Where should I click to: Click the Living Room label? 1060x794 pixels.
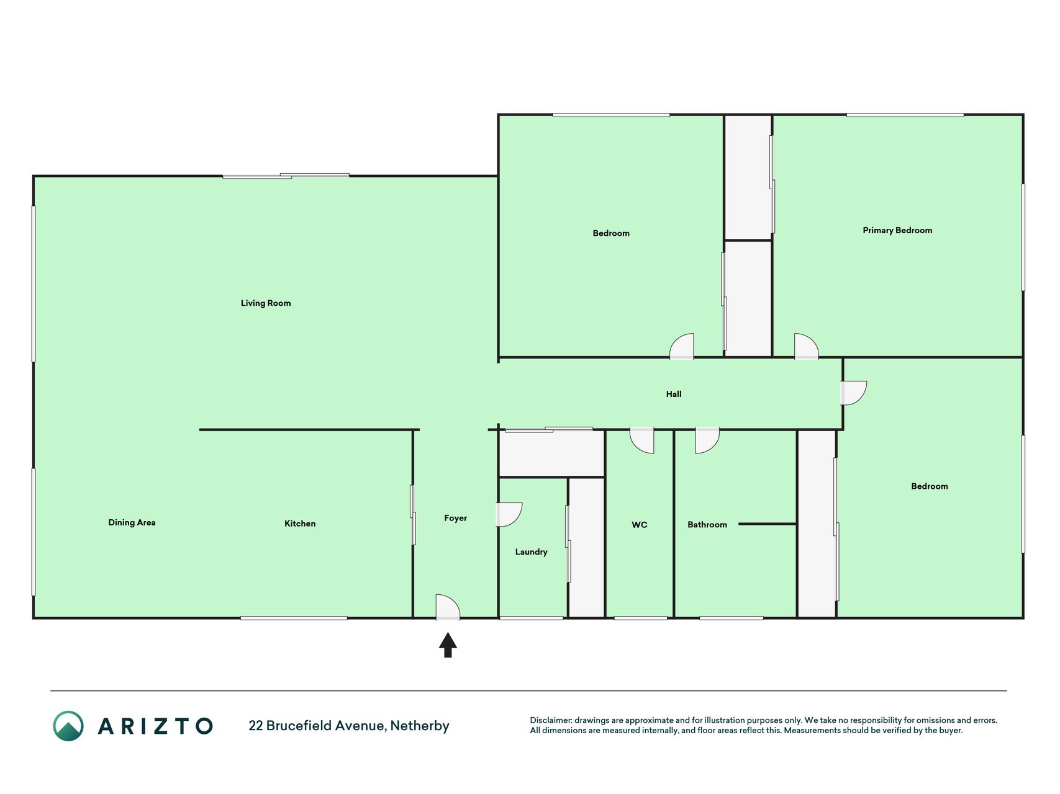266,303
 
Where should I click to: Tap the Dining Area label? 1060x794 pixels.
132,523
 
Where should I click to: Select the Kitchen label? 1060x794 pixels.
300,524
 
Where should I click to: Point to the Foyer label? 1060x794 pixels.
455,519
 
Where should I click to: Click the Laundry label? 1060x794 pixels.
531,552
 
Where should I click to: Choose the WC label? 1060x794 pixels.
640,525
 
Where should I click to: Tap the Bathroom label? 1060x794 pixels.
707,525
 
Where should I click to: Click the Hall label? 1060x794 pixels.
674,394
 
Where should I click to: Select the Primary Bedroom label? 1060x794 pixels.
897,231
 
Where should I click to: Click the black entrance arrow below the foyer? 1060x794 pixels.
448,645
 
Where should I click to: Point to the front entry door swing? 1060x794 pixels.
448,606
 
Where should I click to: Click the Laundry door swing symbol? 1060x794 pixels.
509,514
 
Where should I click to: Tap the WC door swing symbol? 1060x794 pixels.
641,440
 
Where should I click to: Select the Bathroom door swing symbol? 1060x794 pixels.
707,440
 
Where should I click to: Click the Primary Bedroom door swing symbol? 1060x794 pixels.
806,346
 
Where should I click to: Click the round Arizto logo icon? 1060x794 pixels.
68,726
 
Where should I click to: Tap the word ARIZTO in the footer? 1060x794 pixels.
155,726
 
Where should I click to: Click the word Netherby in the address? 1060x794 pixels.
420,726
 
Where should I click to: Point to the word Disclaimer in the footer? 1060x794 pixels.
550,720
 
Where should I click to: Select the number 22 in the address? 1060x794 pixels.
255,726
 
